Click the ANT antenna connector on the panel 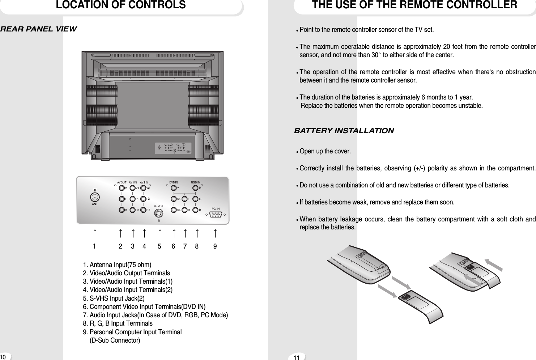click(95, 197)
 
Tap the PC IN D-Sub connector click(216, 215)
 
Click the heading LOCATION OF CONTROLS click(121, 5)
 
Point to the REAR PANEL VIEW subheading click(38, 29)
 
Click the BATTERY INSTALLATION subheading click(344, 131)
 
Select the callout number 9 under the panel click(215, 246)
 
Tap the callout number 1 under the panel click(94, 246)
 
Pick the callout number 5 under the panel click(159, 246)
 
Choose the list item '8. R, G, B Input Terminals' click(118, 323)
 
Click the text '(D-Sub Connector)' click(115, 340)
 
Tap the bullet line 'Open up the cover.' click(325, 151)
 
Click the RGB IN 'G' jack click(196, 199)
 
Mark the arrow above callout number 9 click(215, 233)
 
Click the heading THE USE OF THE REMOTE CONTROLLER click(414, 5)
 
